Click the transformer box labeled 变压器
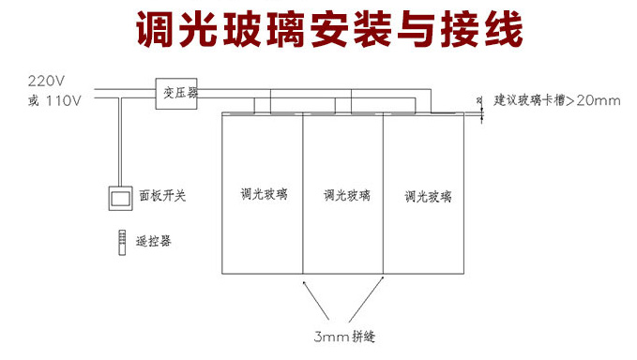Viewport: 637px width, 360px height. pos(176,94)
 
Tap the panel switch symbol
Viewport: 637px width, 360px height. pos(120,199)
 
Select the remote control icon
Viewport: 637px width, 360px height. pos(122,242)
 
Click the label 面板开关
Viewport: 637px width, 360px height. pos(162,196)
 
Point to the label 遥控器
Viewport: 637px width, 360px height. pos(154,241)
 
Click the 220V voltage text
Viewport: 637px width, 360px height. pos(46,82)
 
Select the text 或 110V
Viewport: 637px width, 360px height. pos(54,100)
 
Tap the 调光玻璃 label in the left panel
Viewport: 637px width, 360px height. pos(264,194)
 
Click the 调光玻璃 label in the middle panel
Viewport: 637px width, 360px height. pos(346,196)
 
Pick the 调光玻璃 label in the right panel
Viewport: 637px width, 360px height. pos(428,197)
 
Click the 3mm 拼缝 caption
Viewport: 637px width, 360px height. pos(344,337)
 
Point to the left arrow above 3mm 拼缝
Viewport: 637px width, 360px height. pos(316,299)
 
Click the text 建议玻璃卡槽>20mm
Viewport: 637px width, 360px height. pos(557,100)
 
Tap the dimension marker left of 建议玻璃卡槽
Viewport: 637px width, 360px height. pos(481,110)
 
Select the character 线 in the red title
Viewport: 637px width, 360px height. pos(504,29)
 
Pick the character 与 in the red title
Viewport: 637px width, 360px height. pos(416,29)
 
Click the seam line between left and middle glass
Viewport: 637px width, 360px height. pos(303,194)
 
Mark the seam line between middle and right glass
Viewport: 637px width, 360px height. pos(383,194)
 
